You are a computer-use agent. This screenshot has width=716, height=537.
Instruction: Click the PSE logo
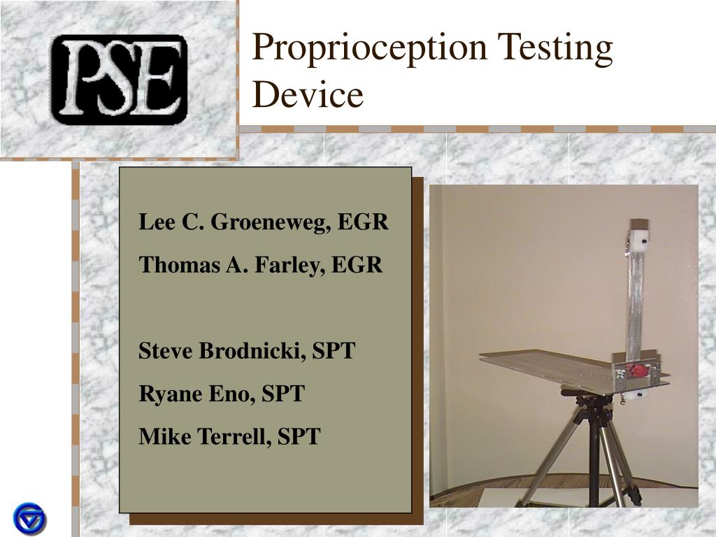tap(118, 79)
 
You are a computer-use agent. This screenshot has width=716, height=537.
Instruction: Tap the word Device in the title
tap(308, 95)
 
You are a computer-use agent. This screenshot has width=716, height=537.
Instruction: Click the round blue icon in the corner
tap(29, 519)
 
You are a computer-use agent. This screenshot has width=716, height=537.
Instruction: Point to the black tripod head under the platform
tap(592, 404)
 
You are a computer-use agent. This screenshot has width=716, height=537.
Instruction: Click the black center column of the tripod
tap(594, 461)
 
